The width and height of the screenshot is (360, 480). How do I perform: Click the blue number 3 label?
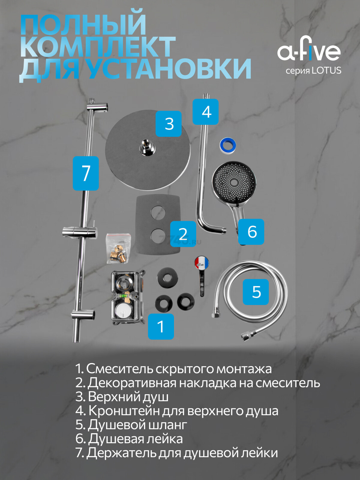coord(169,124)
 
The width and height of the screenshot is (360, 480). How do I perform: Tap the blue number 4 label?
coord(205,112)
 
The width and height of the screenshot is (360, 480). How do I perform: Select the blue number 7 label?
coord(86,173)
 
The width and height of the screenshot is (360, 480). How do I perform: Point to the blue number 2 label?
coord(183,234)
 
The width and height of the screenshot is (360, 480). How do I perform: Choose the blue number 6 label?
coord(251,232)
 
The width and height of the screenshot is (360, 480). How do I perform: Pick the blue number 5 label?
coord(256,292)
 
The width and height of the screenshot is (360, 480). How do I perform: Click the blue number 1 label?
coord(161,326)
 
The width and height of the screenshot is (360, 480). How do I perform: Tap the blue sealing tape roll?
coord(228,145)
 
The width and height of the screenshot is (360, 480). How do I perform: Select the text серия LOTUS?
coord(313,71)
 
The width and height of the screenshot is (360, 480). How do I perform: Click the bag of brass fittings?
coord(118,249)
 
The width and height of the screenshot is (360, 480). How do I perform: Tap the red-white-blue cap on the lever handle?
coord(201,263)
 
